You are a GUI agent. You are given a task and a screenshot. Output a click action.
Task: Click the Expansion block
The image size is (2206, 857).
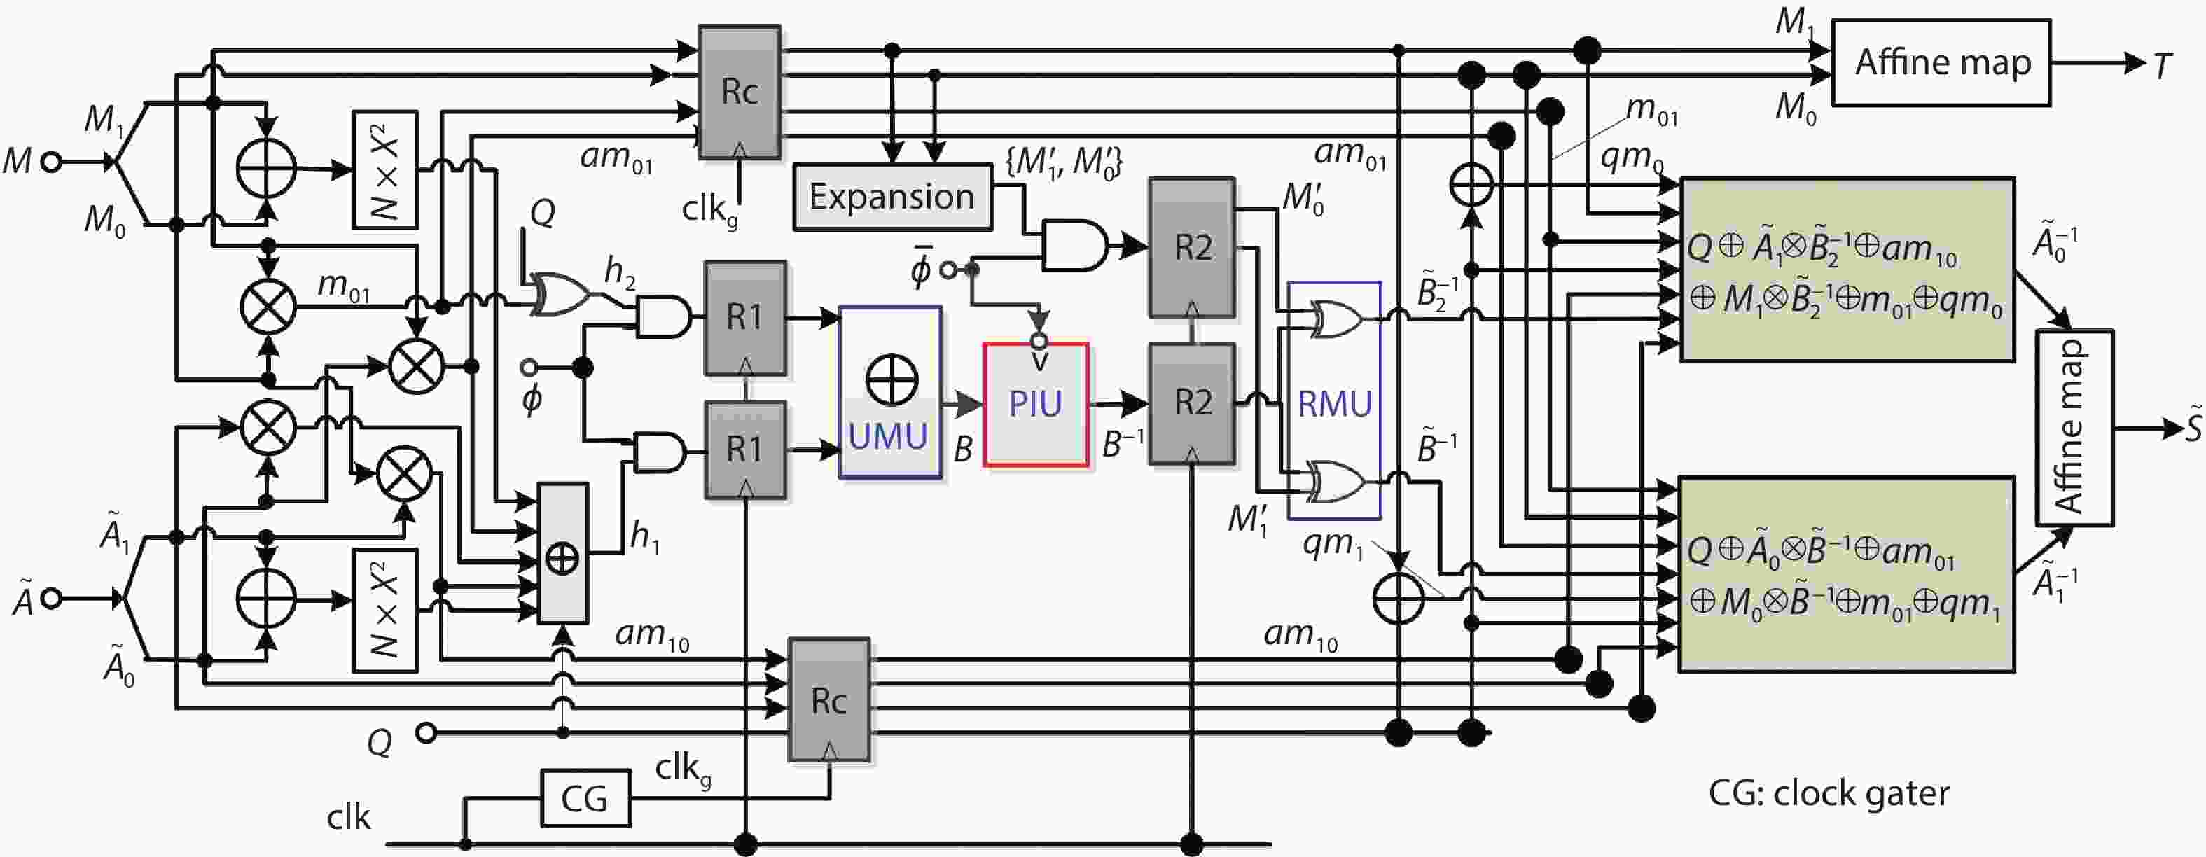coord(892,197)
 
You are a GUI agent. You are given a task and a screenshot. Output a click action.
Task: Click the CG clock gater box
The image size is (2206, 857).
coord(585,798)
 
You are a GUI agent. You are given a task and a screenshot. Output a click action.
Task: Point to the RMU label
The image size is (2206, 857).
coord(1334,404)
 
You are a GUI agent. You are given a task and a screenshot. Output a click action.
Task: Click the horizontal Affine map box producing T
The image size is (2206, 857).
coord(1941,62)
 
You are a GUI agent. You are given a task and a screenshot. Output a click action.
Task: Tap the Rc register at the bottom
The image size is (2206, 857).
coord(829,700)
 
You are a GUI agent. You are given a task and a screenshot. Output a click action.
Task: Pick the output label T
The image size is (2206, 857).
coord(2161,66)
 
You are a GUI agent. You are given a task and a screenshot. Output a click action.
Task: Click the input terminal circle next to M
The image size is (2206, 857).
coord(53,161)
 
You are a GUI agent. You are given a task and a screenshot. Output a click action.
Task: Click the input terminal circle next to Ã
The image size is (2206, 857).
coord(50,599)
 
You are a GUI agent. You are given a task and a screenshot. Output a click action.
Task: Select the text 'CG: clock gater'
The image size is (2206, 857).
coord(1829,794)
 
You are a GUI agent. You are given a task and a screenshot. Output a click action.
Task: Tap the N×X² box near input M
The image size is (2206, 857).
coord(385,169)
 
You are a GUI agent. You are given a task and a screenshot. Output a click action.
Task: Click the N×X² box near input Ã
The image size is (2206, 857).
coord(385,611)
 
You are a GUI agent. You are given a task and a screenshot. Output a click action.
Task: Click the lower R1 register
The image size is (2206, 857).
coord(744,450)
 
